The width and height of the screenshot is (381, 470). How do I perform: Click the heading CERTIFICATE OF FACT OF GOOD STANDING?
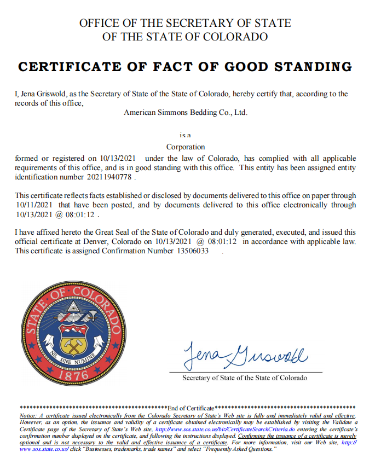coord(185,67)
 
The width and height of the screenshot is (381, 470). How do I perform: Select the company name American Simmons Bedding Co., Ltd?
coord(186,113)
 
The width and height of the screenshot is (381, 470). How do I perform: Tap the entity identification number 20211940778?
coord(110,177)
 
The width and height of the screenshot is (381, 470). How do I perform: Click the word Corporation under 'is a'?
coord(186,147)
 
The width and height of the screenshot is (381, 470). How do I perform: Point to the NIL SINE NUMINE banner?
coord(73,357)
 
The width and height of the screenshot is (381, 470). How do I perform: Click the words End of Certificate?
coord(190,408)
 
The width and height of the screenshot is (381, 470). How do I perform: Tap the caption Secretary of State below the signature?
coord(245,378)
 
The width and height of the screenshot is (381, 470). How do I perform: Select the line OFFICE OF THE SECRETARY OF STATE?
coord(185,24)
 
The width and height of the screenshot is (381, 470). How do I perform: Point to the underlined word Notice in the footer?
coord(29,416)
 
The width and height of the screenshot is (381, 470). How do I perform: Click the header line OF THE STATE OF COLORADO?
coord(185,37)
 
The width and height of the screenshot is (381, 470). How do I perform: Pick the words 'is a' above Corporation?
coord(185,135)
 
